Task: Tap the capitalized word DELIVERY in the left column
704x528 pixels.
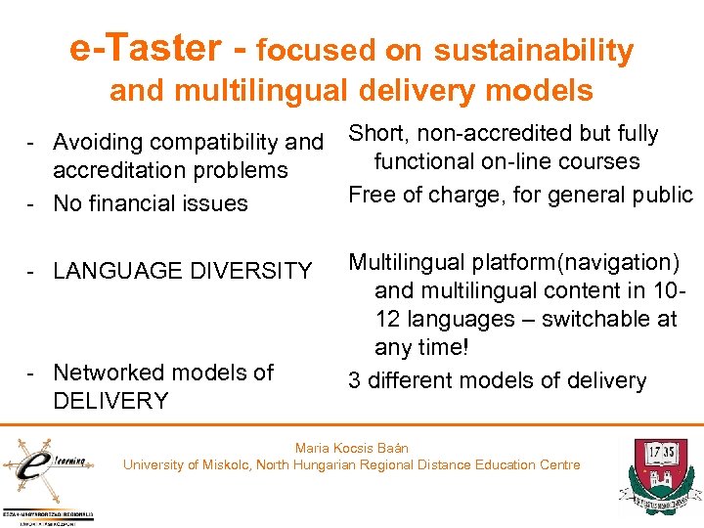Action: (x=110, y=400)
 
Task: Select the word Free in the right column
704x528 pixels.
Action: (x=372, y=195)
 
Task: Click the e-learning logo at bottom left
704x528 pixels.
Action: (x=45, y=464)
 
